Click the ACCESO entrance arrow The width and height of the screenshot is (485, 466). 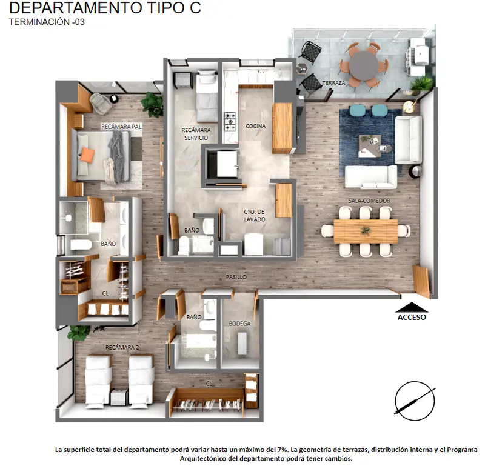point(412,307)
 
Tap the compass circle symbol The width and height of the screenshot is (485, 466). point(415,401)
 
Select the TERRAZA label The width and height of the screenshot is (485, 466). point(333,83)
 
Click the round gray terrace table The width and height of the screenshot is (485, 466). point(363,65)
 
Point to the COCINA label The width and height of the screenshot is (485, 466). point(255,126)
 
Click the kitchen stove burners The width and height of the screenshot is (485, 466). point(230,122)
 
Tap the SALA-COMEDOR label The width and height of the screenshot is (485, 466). point(369,201)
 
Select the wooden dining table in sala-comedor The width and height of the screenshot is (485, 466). point(366,231)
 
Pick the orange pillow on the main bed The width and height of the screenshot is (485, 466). point(87,155)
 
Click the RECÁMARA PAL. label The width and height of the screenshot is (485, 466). point(122,127)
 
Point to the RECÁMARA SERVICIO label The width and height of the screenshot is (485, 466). point(196,134)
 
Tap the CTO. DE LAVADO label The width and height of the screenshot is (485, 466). point(254,216)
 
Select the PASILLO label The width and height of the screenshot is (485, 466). point(236,277)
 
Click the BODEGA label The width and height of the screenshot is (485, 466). point(239,324)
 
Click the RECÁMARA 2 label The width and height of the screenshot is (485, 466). point(122,348)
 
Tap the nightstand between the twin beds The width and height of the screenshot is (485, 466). point(119,398)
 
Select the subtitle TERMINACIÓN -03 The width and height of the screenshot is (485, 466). point(47,22)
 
